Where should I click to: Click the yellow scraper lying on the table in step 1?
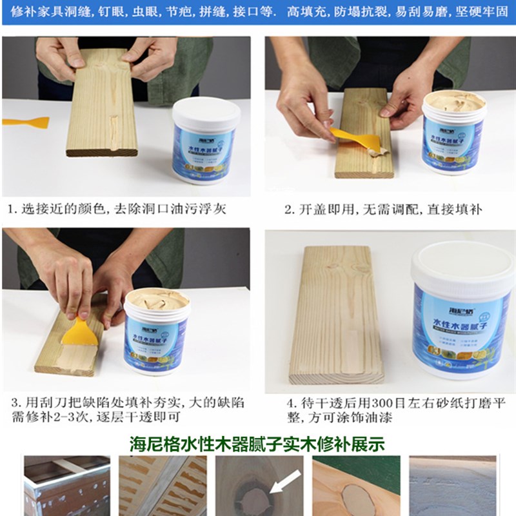pos(26,122)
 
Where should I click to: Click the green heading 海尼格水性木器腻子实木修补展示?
pos(258,444)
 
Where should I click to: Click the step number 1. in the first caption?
pos(12,209)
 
